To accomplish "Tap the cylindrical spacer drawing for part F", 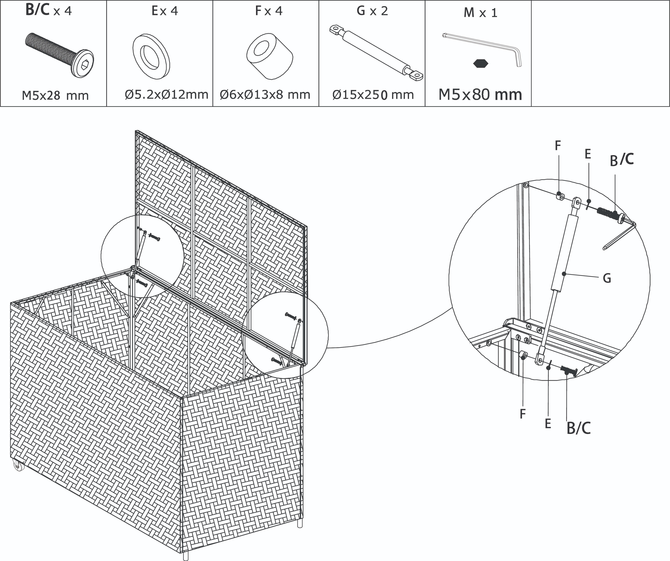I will [x=270, y=56].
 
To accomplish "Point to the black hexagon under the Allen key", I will [x=481, y=64].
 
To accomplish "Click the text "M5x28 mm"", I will [x=55, y=95].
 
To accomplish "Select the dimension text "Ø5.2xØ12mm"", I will [x=166, y=94].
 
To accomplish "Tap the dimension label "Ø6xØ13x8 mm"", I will [x=265, y=94].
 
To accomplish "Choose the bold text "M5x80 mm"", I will [x=480, y=94].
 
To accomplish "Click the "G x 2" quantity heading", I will [x=372, y=11].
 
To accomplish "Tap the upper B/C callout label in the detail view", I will [x=621, y=160].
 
